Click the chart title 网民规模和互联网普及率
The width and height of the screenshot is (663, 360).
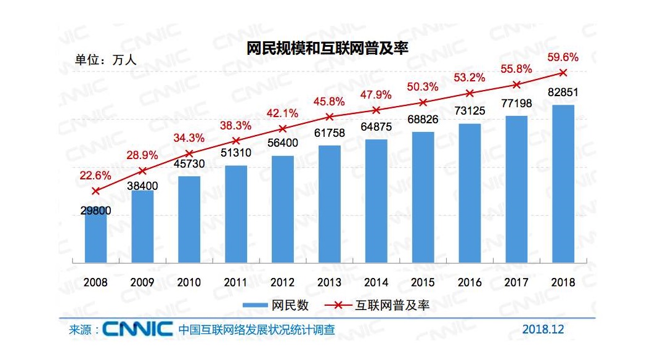tap(327, 49)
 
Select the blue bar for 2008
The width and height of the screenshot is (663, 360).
tap(96, 237)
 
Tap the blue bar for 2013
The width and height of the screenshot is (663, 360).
tap(330, 203)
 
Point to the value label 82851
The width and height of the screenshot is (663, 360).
tap(563, 93)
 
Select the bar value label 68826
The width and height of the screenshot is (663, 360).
tap(423, 120)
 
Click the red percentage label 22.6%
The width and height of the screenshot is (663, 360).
tap(96, 176)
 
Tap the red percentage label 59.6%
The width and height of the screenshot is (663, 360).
tap(563, 58)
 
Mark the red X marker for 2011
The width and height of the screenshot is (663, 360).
tap(236, 141)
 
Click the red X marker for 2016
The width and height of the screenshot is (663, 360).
tap(470, 93)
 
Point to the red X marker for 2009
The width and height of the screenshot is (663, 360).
tap(142, 170)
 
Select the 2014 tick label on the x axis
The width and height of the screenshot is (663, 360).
tap(376, 282)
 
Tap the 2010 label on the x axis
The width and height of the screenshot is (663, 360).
tap(189, 282)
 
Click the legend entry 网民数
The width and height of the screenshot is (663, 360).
tap(275, 305)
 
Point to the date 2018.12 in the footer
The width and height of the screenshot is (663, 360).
tap(542, 329)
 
